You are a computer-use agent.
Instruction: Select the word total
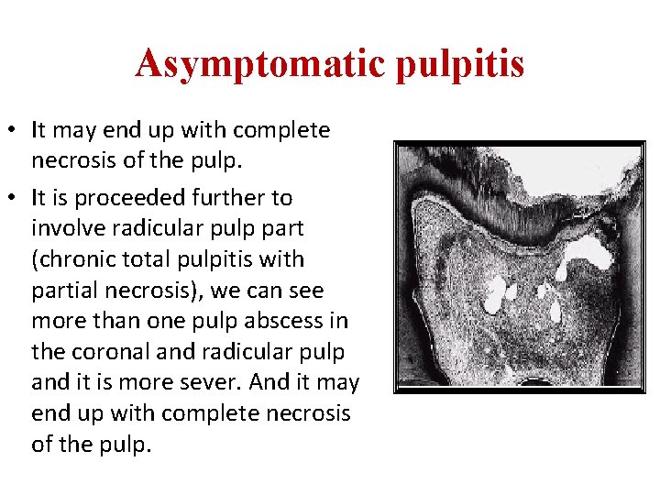coord(148,259)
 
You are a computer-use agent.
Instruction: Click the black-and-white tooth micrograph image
coord(519,267)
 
